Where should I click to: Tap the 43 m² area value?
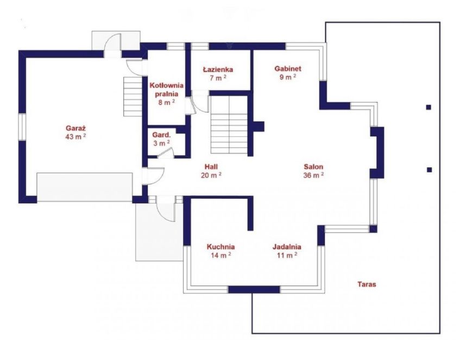(x=76, y=137)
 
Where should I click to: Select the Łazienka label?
(x=218, y=70)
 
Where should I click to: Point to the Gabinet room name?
(x=288, y=68)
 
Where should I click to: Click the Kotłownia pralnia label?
(x=166, y=90)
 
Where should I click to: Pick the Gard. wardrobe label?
(x=161, y=135)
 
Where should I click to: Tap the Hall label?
(x=211, y=167)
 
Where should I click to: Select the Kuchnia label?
(x=221, y=247)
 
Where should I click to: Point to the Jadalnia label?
(x=287, y=247)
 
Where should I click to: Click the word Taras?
(x=367, y=285)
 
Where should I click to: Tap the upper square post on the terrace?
(x=429, y=107)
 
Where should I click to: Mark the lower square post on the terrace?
(x=429, y=170)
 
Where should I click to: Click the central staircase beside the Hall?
(x=229, y=125)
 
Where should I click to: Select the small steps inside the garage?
(x=133, y=97)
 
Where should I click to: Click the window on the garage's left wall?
(x=22, y=127)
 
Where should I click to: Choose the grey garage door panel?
(x=85, y=187)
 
